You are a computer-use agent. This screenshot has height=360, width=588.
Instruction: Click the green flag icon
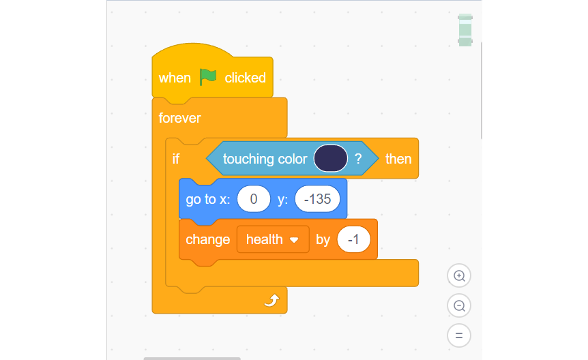click(x=208, y=77)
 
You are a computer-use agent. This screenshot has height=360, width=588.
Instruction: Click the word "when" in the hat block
click(x=175, y=78)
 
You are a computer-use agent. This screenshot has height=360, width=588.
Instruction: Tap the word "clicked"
click(x=246, y=78)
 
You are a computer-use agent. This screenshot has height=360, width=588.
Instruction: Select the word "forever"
click(x=179, y=118)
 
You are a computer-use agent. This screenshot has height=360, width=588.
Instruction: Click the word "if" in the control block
click(x=176, y=159)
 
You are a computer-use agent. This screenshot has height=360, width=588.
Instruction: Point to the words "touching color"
click(x=265, y=159)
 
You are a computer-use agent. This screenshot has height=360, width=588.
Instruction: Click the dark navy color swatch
click(x=331, y=158)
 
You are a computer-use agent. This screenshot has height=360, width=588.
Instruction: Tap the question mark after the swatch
click(x=358, y=159)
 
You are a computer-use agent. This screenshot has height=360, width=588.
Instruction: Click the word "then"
click(x=398, y=159)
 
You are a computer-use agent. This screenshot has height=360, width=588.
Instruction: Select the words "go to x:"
click(x=208, y=199)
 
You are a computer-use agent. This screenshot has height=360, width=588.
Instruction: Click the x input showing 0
click(x=254, y=199)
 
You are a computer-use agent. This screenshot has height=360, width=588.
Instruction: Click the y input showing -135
click(x=317, y=199)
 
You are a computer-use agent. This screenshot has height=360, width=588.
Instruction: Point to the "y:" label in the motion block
click(x=283, y=200)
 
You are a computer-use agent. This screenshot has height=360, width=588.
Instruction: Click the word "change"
click(x=208, y=239)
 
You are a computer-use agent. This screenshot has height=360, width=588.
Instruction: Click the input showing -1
click(x=353, y=239)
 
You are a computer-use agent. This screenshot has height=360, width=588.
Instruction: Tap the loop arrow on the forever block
click(x=272, y=301)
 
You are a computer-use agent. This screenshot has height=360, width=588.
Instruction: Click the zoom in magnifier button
click(x=459, y=275)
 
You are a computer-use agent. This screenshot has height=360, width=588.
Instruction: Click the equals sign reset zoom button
click(x=459, y=335)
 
